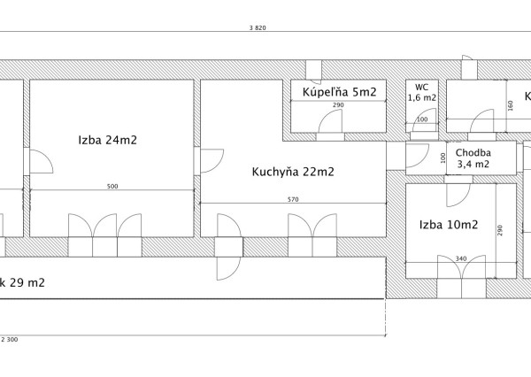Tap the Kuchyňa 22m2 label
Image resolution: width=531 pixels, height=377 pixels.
point(293,172)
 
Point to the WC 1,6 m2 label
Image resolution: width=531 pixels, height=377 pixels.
point(422,93)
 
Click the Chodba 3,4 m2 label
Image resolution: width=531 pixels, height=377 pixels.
point(473,158)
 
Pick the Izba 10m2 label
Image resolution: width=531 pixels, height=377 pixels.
point(449,225)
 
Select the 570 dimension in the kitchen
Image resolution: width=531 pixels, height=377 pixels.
point(293,199)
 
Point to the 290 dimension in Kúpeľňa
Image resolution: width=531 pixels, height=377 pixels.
point(338,106)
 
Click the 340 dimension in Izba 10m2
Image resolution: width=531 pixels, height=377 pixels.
point(460,259)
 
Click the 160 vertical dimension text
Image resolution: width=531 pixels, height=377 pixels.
point(510,104)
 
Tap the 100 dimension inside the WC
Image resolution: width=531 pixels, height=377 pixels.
point(421,119)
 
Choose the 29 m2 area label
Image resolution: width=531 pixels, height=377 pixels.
point(25,283)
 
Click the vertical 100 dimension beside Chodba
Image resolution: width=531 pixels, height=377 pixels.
point(442,158)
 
